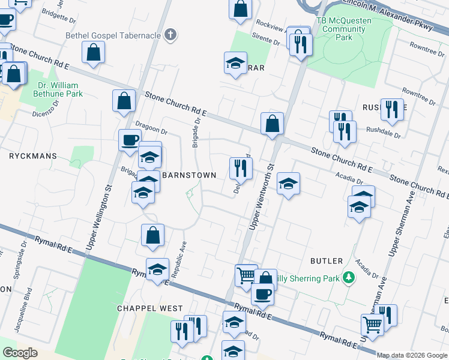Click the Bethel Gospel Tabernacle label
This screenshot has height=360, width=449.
pos(113,35)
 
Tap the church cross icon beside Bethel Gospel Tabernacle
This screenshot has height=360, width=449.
pos(170,35)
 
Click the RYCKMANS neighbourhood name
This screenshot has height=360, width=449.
pos(33,156)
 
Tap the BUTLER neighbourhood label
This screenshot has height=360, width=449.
pos(327,261)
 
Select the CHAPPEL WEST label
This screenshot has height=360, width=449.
pos(150,308)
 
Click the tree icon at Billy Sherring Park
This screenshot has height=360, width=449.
pos(348,278)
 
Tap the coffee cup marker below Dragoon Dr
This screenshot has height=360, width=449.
pos(130,141)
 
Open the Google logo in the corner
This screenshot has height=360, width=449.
pos(20,353)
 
